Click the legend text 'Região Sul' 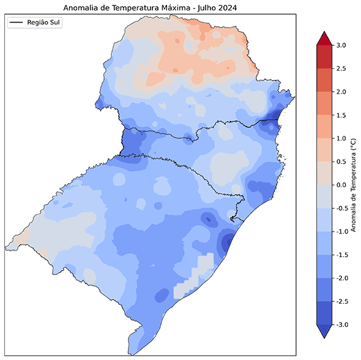44,22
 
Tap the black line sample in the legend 17,22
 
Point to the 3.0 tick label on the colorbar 341,45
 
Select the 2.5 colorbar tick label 341,68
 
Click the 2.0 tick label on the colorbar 341,92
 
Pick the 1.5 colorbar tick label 341,115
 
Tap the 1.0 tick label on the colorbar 341,138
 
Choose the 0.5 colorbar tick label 341,161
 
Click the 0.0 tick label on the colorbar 341,185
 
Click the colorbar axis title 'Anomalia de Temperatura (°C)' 353,185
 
